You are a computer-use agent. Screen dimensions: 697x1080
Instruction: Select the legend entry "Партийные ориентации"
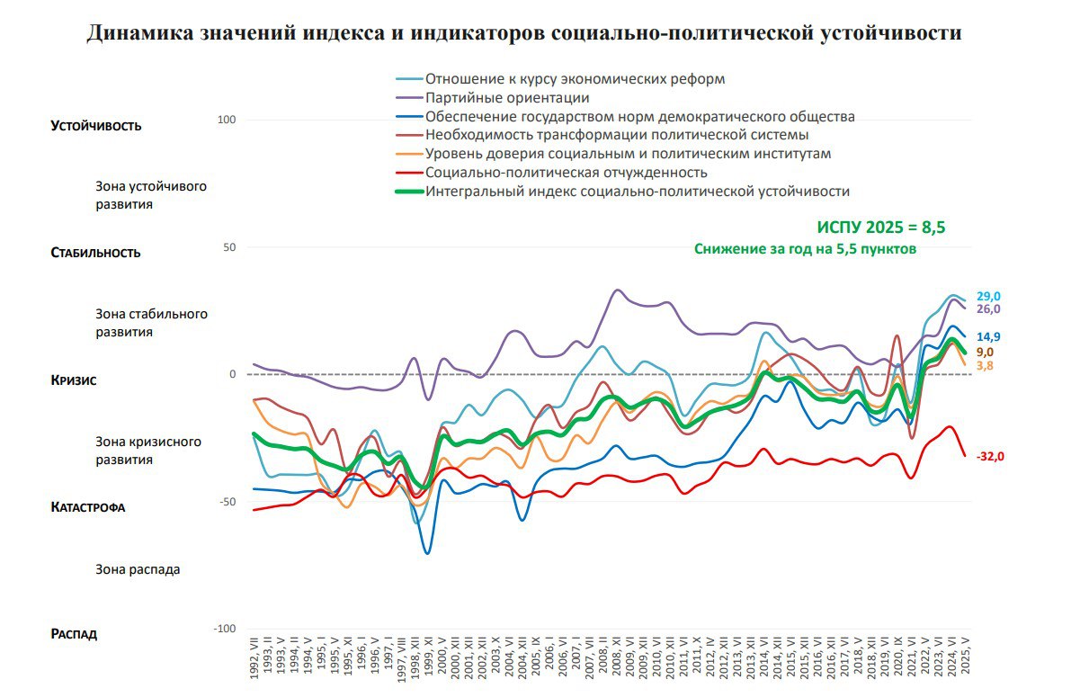(x=507, y=97)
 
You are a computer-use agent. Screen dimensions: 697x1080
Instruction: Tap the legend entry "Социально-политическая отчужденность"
(x=567, y=172)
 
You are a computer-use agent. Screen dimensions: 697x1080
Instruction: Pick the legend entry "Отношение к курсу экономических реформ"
(x=575, y=78)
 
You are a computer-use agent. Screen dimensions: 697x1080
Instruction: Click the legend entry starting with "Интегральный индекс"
(x=638, y=191)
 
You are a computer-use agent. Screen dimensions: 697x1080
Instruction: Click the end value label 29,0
(x=989, y=296)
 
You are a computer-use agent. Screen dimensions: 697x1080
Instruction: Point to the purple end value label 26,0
(x=989, y=309)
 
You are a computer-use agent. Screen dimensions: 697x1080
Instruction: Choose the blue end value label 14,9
(x=989, y=337)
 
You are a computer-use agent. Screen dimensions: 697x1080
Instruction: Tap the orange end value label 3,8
(x=986, y=366)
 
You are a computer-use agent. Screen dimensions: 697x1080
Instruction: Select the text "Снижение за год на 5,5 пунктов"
(x=805, y=249)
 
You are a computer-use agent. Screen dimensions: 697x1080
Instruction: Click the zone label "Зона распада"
(x=138, y=569)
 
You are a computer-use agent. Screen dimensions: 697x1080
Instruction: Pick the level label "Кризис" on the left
(x=74, y=380)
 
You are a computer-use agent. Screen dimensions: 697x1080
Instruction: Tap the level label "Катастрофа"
(x=88, y=507)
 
